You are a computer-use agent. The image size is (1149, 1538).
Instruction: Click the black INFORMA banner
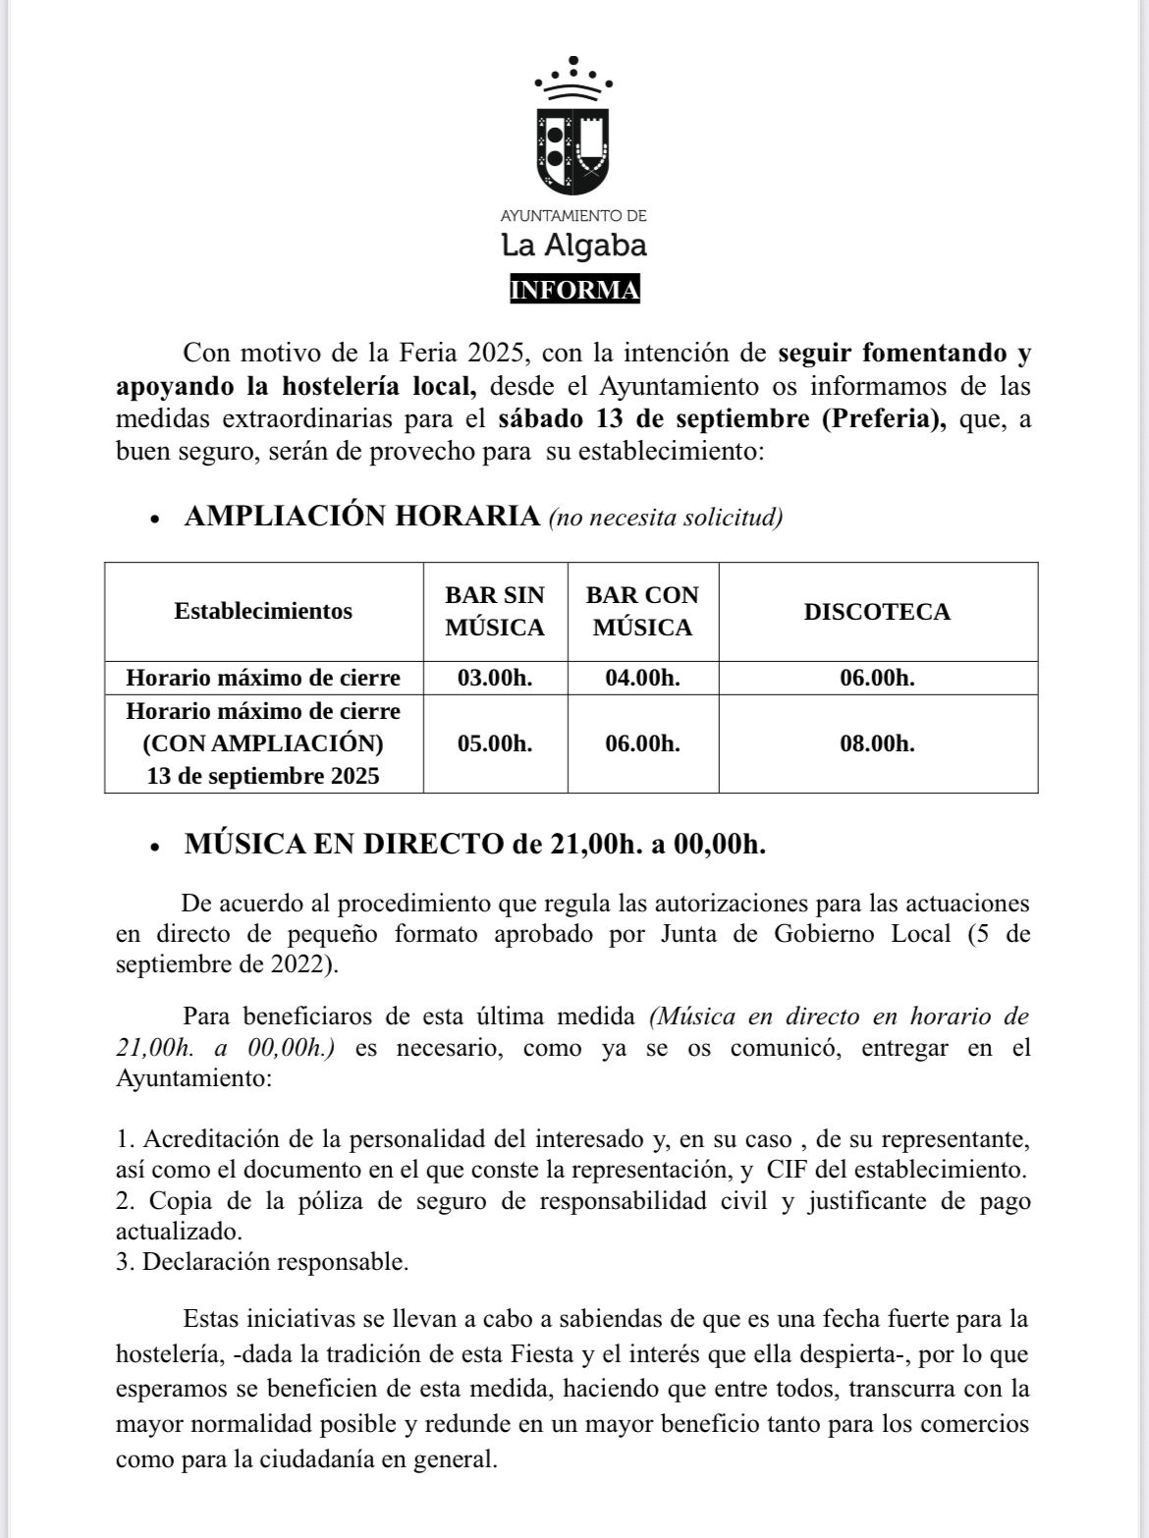(574, 290)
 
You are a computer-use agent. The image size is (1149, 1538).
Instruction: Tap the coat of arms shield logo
(574, 150)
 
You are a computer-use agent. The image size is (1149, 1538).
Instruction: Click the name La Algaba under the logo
(574, 245)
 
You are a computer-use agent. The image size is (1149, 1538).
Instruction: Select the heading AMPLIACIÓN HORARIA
(361, 516)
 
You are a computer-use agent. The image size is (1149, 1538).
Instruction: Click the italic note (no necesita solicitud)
(666, 518)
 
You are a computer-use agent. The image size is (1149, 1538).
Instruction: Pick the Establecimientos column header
(263, 611)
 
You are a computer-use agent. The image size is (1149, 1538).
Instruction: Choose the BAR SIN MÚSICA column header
(495, 611)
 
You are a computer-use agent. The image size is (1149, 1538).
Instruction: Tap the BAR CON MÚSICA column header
(642, 611)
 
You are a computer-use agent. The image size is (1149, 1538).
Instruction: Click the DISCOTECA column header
(877, 612)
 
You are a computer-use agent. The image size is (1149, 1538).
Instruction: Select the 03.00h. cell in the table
(495, 678)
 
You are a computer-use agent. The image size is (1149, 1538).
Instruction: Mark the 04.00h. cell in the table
(642, 678)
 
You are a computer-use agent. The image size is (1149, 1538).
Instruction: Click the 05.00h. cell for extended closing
(495, 743)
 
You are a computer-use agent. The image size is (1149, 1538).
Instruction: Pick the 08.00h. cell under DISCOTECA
(877, 743)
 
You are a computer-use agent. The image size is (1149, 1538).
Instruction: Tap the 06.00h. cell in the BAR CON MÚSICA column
(642, 743)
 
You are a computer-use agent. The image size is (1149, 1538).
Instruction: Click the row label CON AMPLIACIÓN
(263, 742)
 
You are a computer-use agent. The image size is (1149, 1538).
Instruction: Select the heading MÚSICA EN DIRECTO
(343, 845)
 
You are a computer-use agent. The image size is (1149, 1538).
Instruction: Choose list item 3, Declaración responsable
(262, 1262)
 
